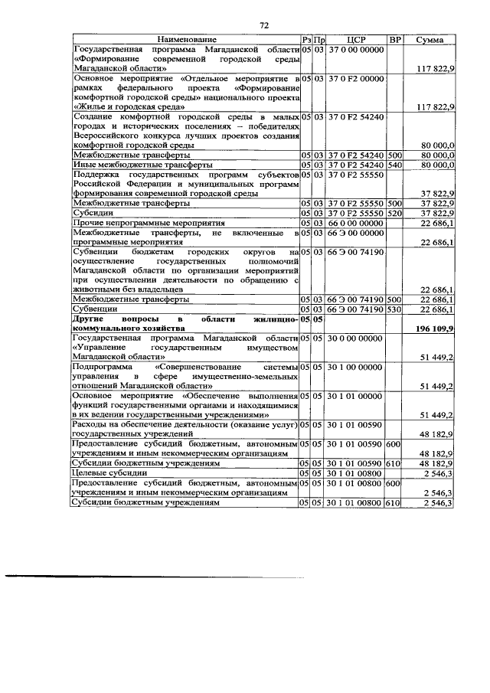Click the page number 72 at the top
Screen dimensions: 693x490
click(x=264, y=25)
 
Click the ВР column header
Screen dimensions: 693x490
click(x=395, y=39)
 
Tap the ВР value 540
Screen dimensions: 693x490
click(x=394, y=165)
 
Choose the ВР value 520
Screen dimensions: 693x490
click(x=394, y=212)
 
